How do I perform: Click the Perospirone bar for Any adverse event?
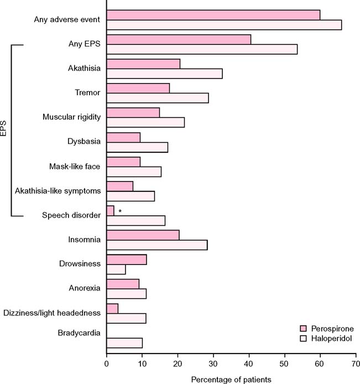coord(213,15)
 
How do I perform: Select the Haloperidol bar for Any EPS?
coord(202,49)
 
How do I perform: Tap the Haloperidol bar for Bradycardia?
coord(124,343)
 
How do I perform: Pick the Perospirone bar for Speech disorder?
coord(110,211)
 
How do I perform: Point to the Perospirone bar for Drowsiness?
coord(126,260)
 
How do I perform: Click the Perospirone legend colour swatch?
coord(303,328)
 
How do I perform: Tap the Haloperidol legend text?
coord(331,338)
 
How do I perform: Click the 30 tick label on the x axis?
coord(213,365)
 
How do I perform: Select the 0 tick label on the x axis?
coord(107,365)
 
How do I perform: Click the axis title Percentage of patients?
coord(231,380)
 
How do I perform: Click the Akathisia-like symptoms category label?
coord(58,191)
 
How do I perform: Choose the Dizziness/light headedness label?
coord(52,313)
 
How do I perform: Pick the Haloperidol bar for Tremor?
coord(158,98)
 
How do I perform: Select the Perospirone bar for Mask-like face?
coord(123,162)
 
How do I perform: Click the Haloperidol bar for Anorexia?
coord(126,294)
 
